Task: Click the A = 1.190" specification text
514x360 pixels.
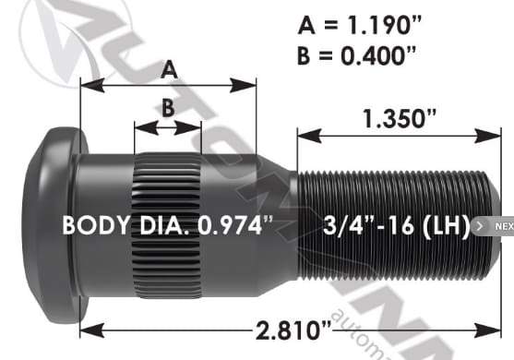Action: click(355, 24)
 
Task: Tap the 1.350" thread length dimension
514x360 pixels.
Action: click(399, 118)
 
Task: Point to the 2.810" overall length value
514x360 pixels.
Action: click(289, 329)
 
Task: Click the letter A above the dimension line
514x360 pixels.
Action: click(168, 68)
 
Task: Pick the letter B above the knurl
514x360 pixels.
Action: click(167, 107)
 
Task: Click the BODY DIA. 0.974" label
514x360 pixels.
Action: click(166, 225)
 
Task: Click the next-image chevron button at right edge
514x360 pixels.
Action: click(478, 226)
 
